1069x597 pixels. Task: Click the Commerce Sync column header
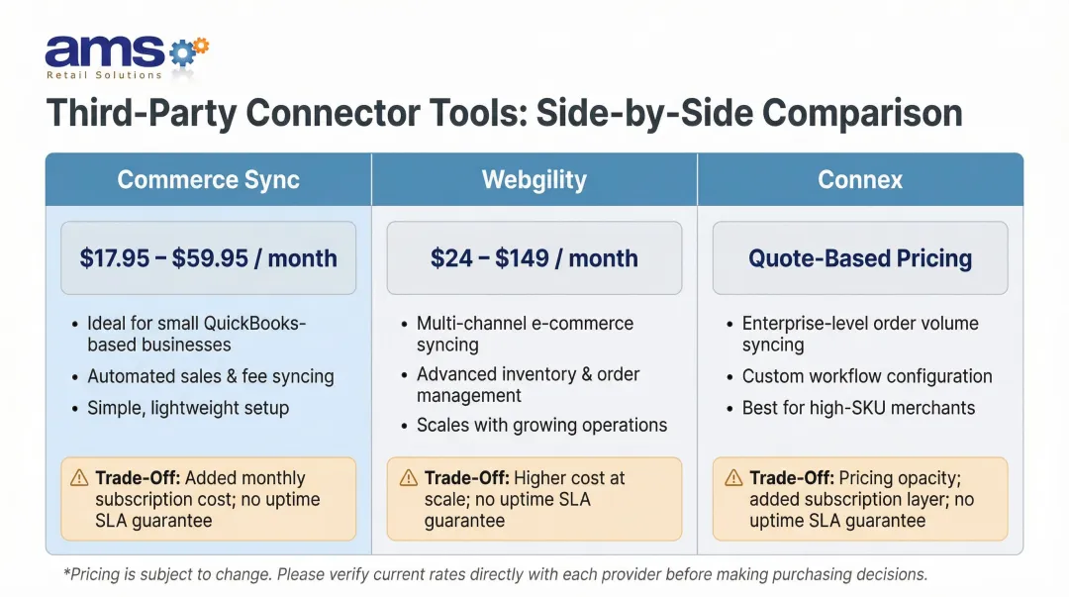pyautogui.click(x=208, y=180)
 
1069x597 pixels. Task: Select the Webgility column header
pyautogui.click(x=534, y=180)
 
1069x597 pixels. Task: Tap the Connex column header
pyautogui.click(x=860, y=180)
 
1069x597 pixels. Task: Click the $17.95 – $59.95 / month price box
pyautogui.click(x=208, y=258)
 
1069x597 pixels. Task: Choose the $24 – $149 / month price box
pyautogui.click(x=534, y=258)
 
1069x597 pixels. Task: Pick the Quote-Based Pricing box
pyautogui.click(x=860, y=258)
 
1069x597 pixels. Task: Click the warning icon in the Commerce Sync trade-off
pyautogui.click(x=79, y=478)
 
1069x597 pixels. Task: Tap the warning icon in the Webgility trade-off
pyautogui.click(x=408, y=478)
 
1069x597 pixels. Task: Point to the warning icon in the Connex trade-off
pyautogui.click(x=732, y=478)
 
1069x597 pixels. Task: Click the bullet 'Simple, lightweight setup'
pyautogui.click(x=188, y=408)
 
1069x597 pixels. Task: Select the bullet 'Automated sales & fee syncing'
pyautogui.click(x=210, y=376)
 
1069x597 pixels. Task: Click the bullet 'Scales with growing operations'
pyautogui.click(x=541, y=426)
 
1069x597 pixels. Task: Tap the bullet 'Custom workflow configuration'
pyautogui.click(x=867, y=376)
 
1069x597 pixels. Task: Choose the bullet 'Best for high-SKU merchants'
pyautogui.click(x=858, y=408)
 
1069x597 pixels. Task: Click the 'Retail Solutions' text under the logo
pyautogui.click(x=104, y=75)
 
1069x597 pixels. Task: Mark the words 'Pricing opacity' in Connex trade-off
pyautogui.click(x=883, y=478)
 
